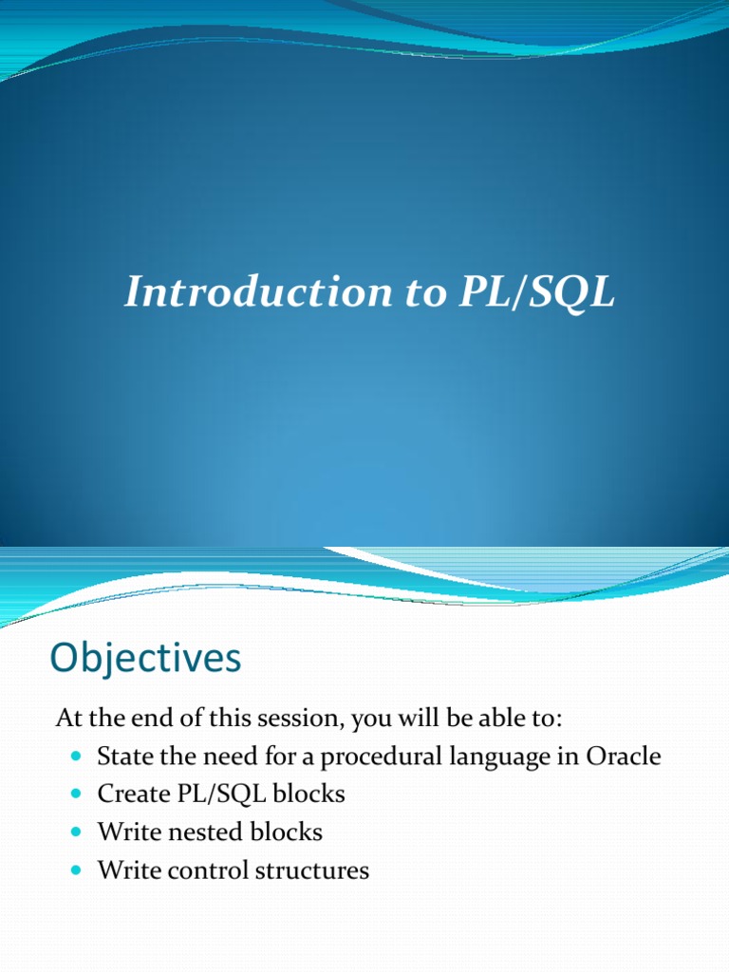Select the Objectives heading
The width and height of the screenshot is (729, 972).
145,658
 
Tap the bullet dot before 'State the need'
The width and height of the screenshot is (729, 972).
78,757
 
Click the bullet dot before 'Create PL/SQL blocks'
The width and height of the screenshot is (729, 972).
78,794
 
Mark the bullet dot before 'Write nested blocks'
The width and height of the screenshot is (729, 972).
78,832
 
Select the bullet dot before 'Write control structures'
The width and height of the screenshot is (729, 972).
78,870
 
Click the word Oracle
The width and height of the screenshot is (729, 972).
624,757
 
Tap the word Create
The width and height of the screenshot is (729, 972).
128,794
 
